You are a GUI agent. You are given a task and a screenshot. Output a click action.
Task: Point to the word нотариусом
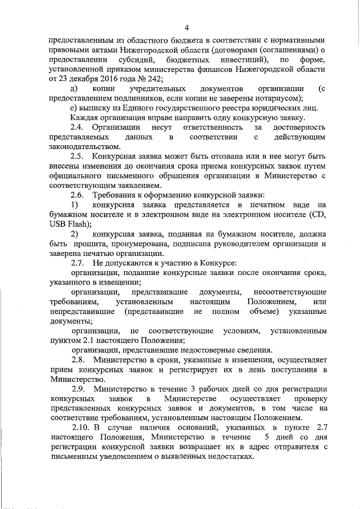[269, 98]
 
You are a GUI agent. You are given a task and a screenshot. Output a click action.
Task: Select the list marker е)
[74, 108]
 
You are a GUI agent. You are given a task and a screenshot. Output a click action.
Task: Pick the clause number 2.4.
[78, 128]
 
